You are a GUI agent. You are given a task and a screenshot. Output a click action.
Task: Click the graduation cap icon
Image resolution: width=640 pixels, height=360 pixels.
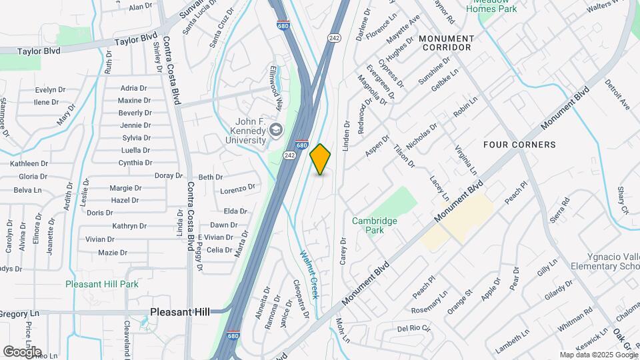pos(275,131)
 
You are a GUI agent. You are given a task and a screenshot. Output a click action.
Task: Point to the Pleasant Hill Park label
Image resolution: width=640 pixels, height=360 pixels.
pos(102,284)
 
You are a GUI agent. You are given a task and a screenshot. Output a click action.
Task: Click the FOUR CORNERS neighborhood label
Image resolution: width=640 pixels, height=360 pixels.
pos(519,145)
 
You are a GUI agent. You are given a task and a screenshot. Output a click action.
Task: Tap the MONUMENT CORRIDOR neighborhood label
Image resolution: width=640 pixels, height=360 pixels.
pos(446,43)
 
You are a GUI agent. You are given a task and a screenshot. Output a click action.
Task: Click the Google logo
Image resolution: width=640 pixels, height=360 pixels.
pos(22,351)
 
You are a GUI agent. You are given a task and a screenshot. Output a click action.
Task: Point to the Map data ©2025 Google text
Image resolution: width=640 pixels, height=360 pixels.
pos(597,355)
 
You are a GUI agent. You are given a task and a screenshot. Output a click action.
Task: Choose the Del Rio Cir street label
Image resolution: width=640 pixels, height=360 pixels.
pos(414,329)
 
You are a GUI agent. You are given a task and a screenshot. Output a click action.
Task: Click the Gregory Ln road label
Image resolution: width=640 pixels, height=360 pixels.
pos(20,313)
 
